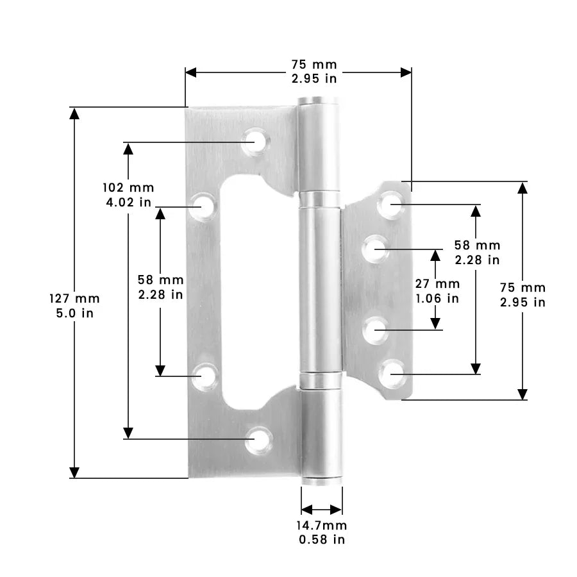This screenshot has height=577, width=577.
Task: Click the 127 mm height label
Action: point(74,299)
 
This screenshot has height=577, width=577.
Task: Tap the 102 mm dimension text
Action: point(128,188)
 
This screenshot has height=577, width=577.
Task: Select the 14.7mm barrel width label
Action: point(321,525)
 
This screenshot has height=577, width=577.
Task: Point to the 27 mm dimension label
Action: point(437,283)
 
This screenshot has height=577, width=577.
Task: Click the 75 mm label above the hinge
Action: point(314,65)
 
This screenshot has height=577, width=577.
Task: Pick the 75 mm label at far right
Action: point(523,287)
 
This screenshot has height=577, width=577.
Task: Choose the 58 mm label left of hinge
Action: point(160,280)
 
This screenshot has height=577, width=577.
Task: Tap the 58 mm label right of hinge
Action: point(477,245)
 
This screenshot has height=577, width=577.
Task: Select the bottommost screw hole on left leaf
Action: point(258,439)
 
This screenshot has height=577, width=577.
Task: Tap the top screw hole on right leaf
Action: point(391,205)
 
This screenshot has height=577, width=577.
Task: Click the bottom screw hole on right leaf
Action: point(392,372)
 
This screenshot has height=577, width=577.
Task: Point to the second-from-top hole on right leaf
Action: point(376,248)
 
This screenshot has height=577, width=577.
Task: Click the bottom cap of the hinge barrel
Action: point(321,481)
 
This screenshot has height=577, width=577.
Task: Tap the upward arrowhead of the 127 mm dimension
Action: point(74,114)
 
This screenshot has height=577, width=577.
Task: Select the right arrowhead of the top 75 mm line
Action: point(405,72)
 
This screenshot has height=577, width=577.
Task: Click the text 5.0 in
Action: point(74,314)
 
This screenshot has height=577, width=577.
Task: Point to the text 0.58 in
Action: point(321,540)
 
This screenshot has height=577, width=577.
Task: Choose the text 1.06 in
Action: point(437,298)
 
